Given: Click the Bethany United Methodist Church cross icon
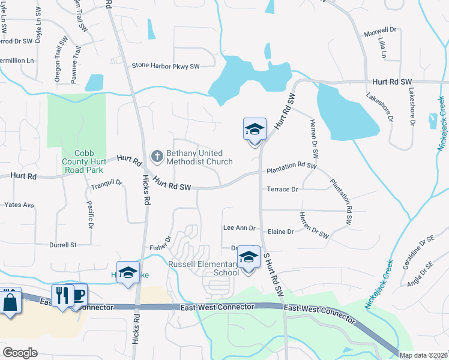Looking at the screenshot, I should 157,157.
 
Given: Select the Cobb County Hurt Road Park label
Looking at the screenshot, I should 84,161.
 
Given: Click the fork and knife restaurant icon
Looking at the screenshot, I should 61,295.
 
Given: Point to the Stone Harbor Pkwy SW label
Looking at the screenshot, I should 165,66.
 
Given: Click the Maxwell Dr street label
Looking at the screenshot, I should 380,29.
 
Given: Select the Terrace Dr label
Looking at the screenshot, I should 282,190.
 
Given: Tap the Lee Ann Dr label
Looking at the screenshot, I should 240,228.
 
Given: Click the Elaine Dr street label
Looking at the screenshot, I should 281,232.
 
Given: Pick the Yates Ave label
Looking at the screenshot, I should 19,205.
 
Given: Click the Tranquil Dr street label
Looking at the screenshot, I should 106,185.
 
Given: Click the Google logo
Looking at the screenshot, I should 20,352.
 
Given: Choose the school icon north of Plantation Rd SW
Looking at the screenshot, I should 254,130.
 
